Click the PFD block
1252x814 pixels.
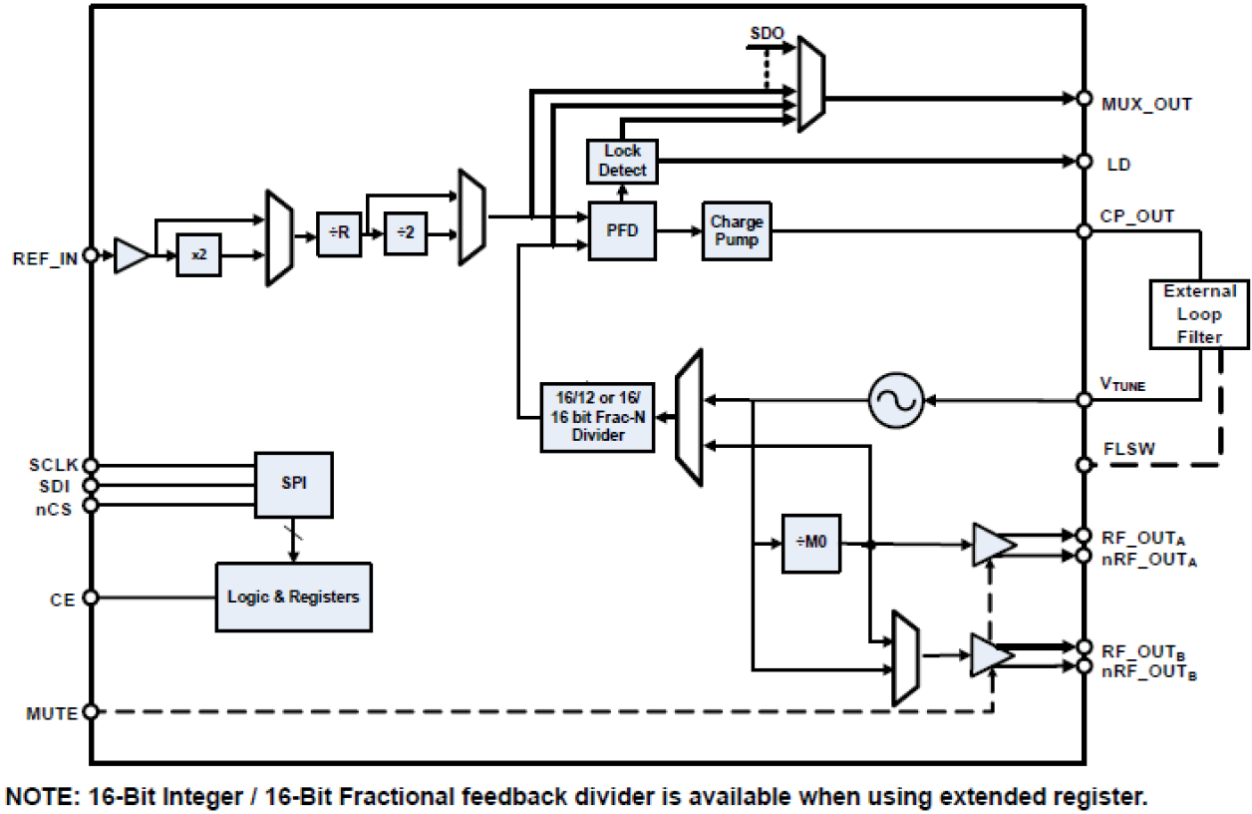click(622, 230)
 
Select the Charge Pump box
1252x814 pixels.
click(737, 230)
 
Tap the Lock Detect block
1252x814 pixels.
click(622, 162)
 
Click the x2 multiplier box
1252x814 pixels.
click(198, 255)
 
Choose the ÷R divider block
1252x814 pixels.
click(339, 233)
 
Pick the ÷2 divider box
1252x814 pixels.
click(405, 233)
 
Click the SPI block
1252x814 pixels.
click(294, 484)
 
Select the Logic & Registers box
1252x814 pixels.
click(293, 597)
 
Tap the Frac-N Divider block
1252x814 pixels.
click(597, 416)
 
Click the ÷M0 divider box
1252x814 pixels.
click(810, 545)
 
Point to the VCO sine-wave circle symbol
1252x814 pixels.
click(895, 400)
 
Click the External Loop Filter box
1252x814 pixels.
click(1199, 314)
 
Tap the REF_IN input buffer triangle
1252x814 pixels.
click(131, 255)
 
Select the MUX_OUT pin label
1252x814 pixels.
click(1146, 103)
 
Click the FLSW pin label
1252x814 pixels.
click(1129, 449)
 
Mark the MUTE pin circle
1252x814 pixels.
click(91, 712)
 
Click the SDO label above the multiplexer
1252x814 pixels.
click(767, 32)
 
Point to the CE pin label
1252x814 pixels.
click(61, 599)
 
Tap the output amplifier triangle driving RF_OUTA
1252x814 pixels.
click(992, 545)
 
